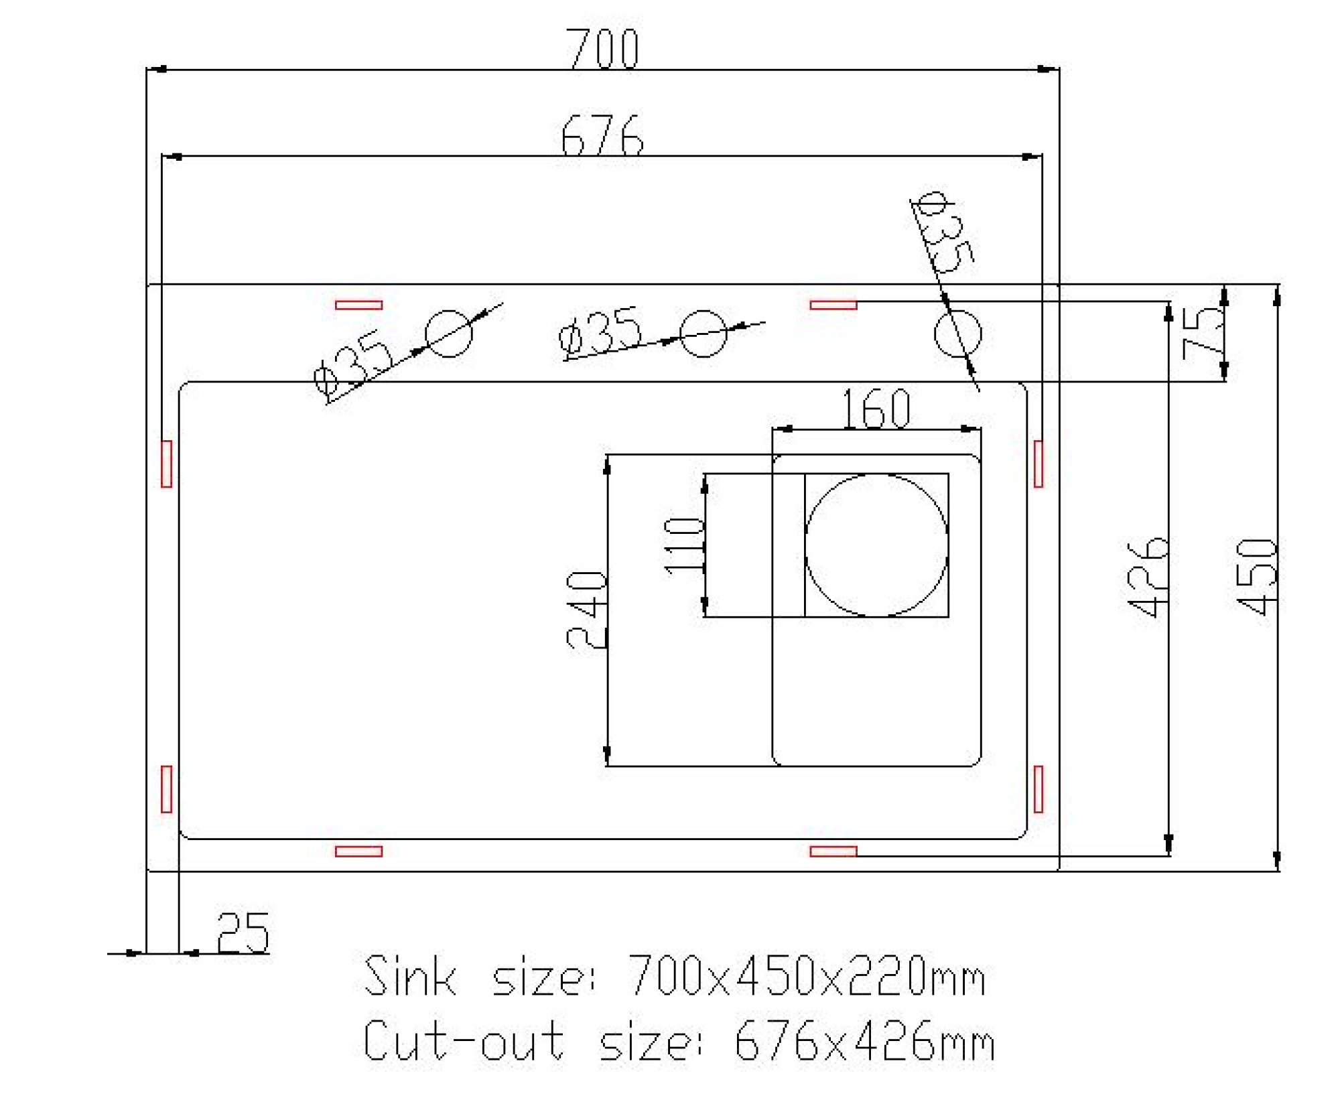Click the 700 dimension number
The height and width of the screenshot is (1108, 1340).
[x=602, y=48]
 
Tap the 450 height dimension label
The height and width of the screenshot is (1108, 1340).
[x=1257, y=576]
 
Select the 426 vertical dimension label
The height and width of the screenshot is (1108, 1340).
[x=1148, y=576]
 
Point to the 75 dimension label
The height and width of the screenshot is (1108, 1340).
[x=1203, y=334]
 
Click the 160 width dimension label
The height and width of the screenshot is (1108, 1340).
[x=875, y=408]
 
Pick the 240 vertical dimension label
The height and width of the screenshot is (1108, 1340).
[x=586, y=609]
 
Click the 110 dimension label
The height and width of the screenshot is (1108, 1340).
[x=684, y=546]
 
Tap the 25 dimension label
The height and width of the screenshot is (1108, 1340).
[x=243, y=932]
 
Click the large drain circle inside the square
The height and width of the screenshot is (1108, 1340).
[x=876, y=545]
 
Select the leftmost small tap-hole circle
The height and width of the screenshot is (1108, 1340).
[x=448, y=333]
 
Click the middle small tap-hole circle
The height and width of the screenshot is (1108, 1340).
[x=703, y=333]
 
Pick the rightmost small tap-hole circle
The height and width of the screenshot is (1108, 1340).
[x=957, y=333]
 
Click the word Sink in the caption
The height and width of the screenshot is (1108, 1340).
[x=410, y=976]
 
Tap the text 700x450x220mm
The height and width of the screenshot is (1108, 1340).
[x=806, y=976]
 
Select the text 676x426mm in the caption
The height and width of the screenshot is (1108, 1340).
[x=864, y=1040]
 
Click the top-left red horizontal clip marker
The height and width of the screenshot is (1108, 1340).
[x=358, y=305]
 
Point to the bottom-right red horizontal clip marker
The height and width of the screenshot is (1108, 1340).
[x=833, y=851]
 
